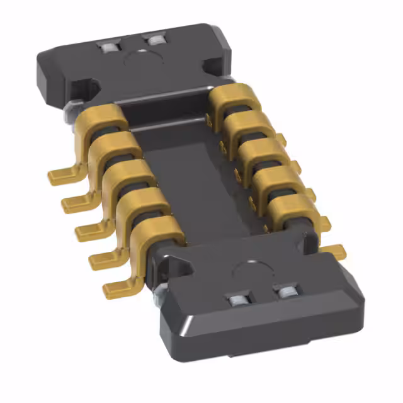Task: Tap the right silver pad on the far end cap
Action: [x=154, y=42]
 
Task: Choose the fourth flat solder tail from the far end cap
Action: [x=101, y=258]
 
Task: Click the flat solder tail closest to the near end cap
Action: [x=116, y=287]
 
